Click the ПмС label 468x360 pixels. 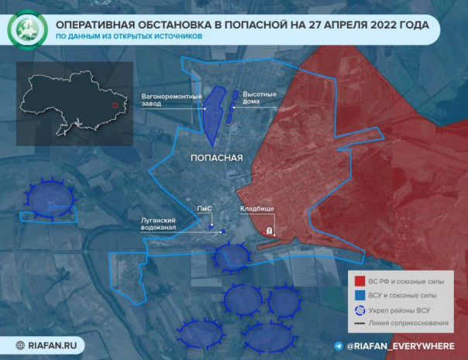pyautogui.click(x=205, y=209)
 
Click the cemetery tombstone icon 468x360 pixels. pyautogui.click(x=269, y=230)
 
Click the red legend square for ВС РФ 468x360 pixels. pyautogui.click(x=360, y=279)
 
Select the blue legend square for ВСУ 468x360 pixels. pyautogui.click(x=360, y=295)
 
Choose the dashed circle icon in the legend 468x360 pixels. pyautogui.click(x=360, y=310)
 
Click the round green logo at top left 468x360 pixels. pyautogui.click(x=27, y=30)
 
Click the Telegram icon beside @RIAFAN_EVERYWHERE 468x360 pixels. pyautogui.click(x=339, y=346)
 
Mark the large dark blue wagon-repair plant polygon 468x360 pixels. pyautogui.click(x=211, y=116)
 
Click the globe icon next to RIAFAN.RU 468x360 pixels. pyautogui.click(x=17, y=346)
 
